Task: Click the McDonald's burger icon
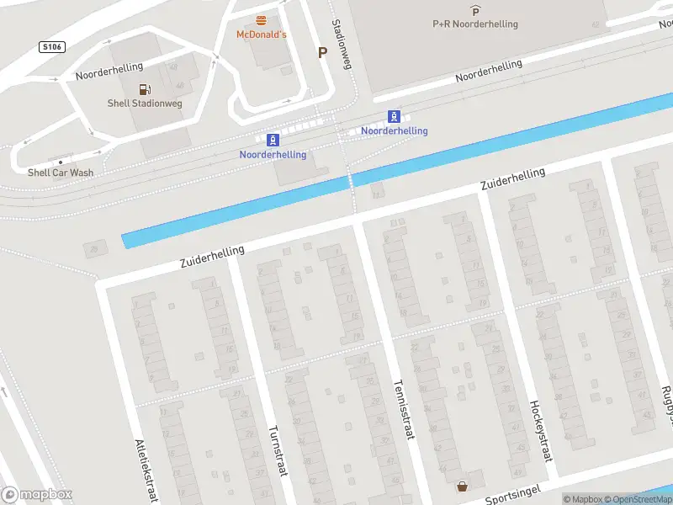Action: (x=261, y=20)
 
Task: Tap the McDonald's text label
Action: (x=261, y=35)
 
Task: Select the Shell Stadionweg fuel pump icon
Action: (x=145, y=88)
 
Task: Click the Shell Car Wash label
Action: (x=61, y=173)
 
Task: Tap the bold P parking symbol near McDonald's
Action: (x=322, y=52)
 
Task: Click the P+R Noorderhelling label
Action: (x=475, y=24)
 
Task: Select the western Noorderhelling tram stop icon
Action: (x=273, y=140)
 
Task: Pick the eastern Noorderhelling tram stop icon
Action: (x=394, y=116)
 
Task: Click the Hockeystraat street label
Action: (x=541, y=430)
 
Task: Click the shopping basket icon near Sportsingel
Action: (x=462, y=486)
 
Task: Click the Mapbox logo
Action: (x=37, y=495)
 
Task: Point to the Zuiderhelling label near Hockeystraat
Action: (x=512, y=178)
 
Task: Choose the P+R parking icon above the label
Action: (x=475, y=10)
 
